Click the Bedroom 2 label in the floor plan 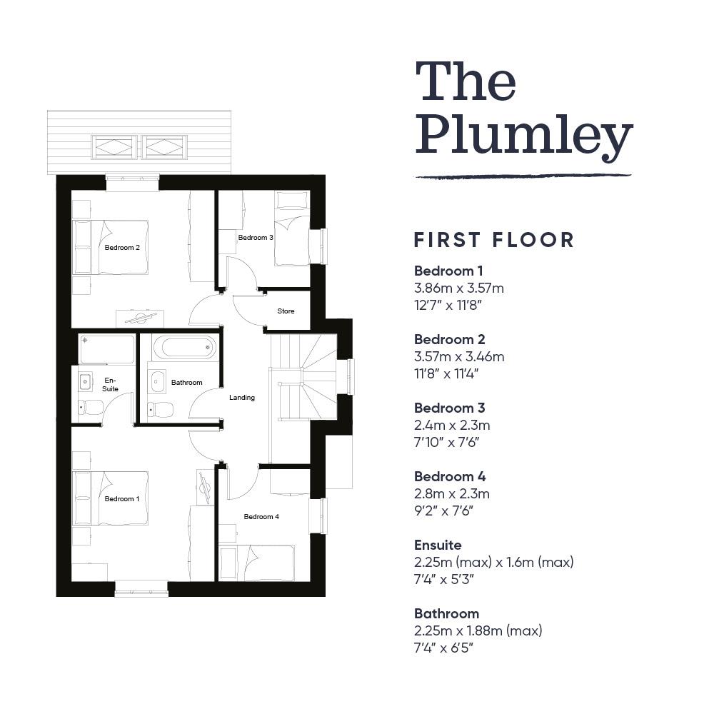(x=122, y=247)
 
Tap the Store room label (x=286, y=311)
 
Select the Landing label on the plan (x=242, y=398)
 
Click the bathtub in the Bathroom (x=184, y=348)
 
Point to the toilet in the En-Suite (x=91, y=407)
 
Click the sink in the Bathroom (x=157, y=381)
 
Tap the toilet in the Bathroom (x=160, y=409)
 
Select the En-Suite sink (x=85, y=381)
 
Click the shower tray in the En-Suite (x=107, y=349)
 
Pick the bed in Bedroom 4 (x=257, y=563)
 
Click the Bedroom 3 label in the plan (x=256, y=237)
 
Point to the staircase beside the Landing (x=303, y=376)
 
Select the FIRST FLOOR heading (x=493, y=240)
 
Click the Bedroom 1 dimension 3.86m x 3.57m (x=459, y=288)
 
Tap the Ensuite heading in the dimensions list (x=438, y=545)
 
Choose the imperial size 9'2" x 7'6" (x=443, y=511)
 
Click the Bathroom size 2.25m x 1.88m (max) (x=478, y=630)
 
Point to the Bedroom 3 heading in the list (x=449, y=408)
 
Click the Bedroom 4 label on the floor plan (x=261, y=516)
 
